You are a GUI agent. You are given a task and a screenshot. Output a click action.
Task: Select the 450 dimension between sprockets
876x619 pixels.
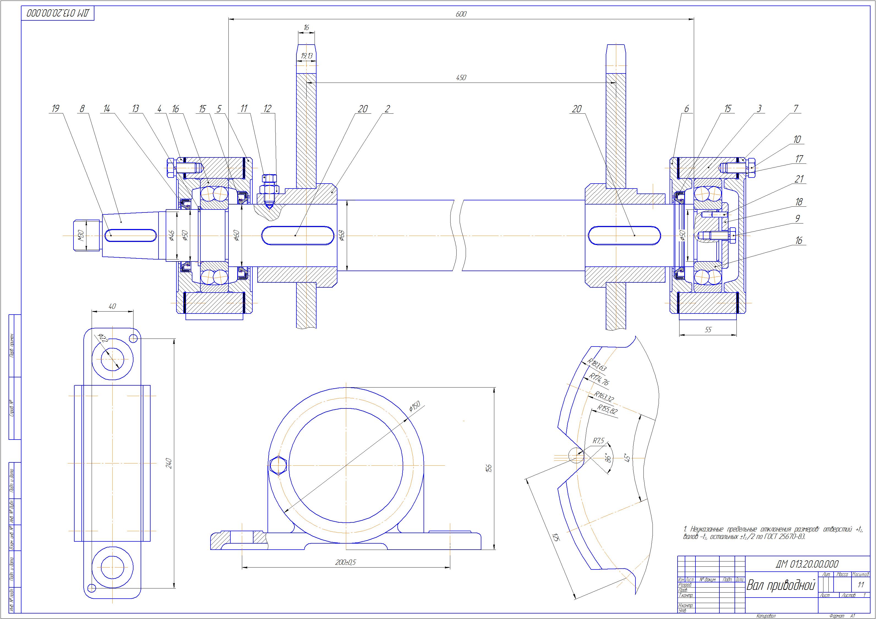click(x=461, y=77)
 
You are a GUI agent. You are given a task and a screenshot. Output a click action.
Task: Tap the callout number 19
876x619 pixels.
click(x=55, y=109)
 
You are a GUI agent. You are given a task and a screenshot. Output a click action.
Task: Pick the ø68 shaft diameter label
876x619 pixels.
click(x=342, y=235)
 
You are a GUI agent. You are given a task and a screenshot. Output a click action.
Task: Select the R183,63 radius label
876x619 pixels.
click(x=596, y=365)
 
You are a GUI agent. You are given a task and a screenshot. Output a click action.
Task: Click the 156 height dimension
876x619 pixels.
click(x=490, y=468)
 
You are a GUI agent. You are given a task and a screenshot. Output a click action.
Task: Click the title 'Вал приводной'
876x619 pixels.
click(x=780, y=596)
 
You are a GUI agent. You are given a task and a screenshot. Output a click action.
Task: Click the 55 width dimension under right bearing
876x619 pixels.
click(x=708, y=330)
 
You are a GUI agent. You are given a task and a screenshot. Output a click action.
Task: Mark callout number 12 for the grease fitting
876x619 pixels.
click(x=268, y=109)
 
